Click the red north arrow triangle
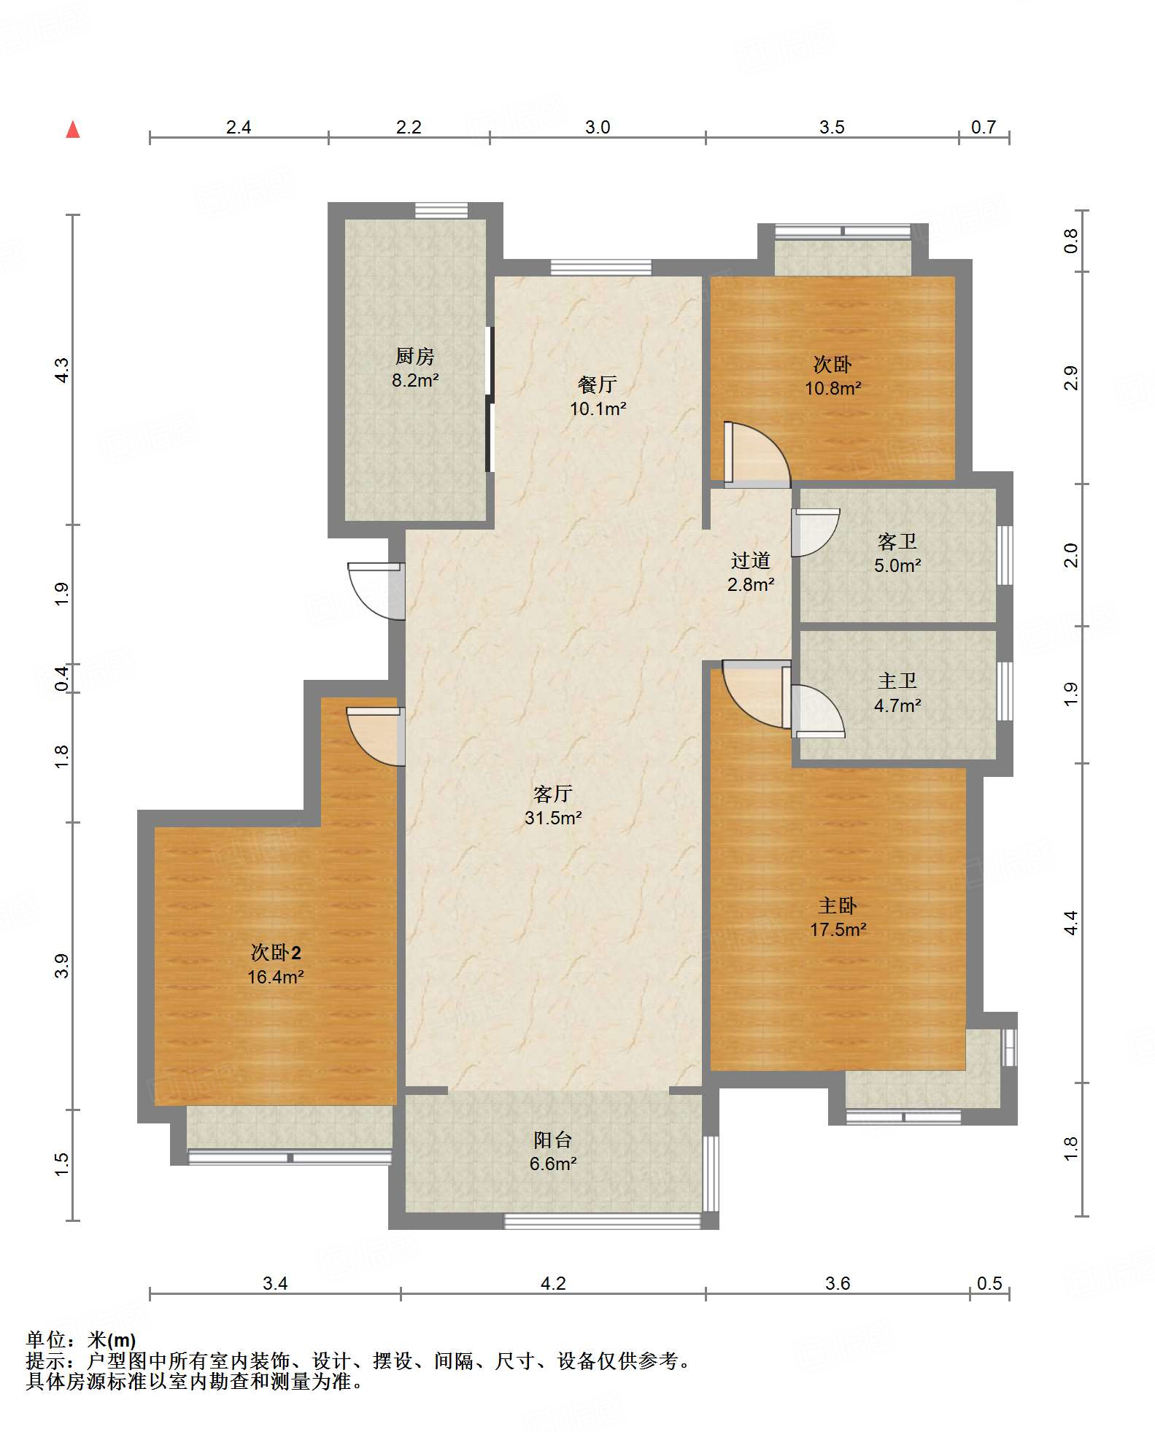point(73,130)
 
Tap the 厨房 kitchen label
point(414,356)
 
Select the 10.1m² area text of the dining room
point(598,409)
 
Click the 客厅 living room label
point(552,794)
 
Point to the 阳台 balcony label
point(552,1139)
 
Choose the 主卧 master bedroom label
point(837,906)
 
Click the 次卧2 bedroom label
point(276,953)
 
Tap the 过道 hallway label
point(750,560)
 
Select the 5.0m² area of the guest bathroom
point(897,565)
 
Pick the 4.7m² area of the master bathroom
point(897,705)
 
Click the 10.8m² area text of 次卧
point(833,388)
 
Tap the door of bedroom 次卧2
point(375,737)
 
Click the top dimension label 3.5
point(832,128)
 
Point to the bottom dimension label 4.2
point(553,1284)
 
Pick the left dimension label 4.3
point(62,370)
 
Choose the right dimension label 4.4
point(1070,923)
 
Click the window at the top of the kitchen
point(441,210)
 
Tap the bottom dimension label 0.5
point(989,1284)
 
